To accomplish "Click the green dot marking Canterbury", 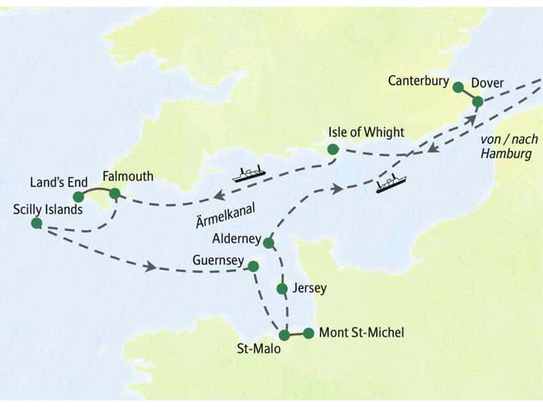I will pyautogui.click(x=458, y=87).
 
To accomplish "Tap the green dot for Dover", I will pyautogui.click(x=477, y=102).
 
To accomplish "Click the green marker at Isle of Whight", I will pyautogui.click(x=332, y=149).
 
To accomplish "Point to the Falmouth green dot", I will pyautogui.click(x=115, y=193).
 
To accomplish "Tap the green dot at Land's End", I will pyautogui.click(x=78, y=197).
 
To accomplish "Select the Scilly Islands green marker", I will pyautogui.click(x=37, y=223).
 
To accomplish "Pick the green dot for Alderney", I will pyautogui.click(x=268, y=243).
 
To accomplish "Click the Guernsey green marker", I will pyautogui.click(x=253, y=266).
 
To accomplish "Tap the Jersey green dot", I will pyautogui.click(x=282, y=288).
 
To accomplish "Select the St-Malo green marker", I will pyautogui.click(x=284, y=334).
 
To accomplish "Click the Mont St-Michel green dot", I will pyautogui.click(x=308, y=333).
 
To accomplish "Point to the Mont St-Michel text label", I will pyautogui.click(x=361, y=332).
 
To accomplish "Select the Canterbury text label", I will pyautogui.click(x=419, y=81).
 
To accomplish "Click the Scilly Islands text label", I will pyautogui.click(x=48, y=209).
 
